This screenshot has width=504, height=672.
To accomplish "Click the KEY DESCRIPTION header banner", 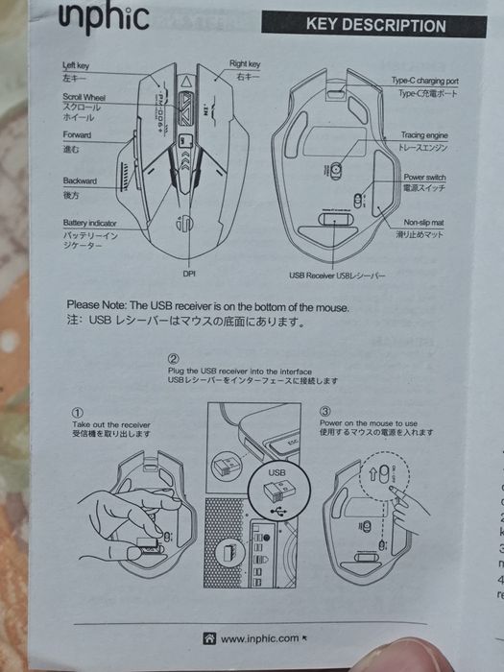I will click(374, 26).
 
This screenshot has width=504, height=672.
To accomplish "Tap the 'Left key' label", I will click(76, 65).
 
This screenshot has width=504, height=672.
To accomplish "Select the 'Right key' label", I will click(244, 64).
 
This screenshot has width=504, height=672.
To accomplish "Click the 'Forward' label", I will click(77, 135).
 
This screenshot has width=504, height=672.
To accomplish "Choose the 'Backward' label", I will click(80, 180).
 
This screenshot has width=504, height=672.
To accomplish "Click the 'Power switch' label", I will click(428, 178).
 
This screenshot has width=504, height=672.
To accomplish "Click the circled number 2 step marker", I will click(173, 358).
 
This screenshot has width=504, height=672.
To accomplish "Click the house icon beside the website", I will click(208, 637).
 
